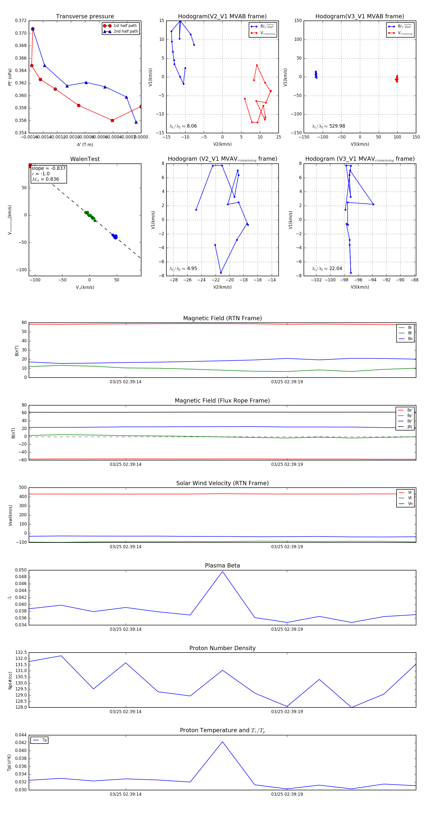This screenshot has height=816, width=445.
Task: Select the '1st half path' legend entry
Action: coord(125,26)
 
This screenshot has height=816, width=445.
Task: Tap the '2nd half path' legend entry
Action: coord(125,31)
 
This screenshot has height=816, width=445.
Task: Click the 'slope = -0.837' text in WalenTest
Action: coord(48,168)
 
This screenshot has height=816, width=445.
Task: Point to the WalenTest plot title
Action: coord(85,159)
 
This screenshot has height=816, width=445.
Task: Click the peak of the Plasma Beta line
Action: coord(222,572)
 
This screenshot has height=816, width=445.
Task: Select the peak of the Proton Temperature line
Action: coord(222,742)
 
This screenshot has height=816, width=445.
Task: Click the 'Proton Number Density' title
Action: coord(222,648)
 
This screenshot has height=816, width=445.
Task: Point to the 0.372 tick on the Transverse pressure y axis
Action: coord(21,21)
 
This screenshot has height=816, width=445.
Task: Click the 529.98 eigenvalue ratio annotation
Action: coord(337,126)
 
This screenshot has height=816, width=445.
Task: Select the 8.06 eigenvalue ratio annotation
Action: coord(192,126)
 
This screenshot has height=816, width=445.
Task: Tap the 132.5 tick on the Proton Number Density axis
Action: coord(21,653)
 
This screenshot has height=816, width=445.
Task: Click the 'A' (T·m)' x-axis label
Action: coord(85,144)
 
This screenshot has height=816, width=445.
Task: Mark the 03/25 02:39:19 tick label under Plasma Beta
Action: coord(287,629)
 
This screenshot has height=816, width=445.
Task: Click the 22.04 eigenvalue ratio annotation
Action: coord(335,269)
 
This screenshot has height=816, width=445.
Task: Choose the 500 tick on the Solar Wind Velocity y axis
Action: coord(23,488)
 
